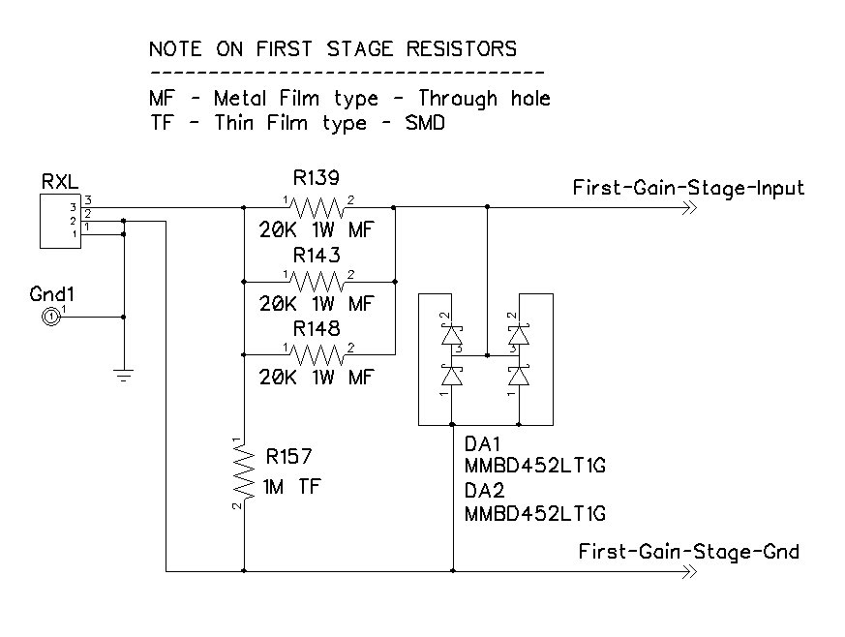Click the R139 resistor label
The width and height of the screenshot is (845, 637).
(x=317, y=177)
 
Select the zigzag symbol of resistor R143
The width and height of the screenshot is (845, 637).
(x=317, y=281)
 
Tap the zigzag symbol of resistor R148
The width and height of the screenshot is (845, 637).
(x=317, y=354)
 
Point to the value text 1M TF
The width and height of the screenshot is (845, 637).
(x=291, y=487)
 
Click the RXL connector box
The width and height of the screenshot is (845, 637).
(x=60, y=222)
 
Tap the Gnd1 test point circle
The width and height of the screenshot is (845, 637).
(x=50, y=317)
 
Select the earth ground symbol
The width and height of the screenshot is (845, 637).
(x=124, y=375)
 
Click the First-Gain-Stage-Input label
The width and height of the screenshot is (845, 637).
(x=688, y=188)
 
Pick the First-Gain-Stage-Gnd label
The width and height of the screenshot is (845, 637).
(x=689, y=552)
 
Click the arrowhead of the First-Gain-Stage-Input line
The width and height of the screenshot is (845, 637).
(x=690, y=207)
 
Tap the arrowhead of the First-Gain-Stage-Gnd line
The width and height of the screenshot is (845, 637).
(x=690, y=571)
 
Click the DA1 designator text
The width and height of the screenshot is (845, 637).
(x=482, y=444)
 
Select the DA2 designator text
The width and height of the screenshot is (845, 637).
(x=485, y=491)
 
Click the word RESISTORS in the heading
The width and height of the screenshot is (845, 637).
(x=462, y=49)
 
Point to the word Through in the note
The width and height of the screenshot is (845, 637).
(x=458, y=99)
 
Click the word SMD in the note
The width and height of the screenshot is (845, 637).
(x=425, y=123)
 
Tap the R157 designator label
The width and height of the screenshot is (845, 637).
(x=288, y=457)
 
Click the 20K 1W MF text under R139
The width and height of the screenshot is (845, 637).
(x=317, y=230)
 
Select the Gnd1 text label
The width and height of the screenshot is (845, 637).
(x=51, y=294)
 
